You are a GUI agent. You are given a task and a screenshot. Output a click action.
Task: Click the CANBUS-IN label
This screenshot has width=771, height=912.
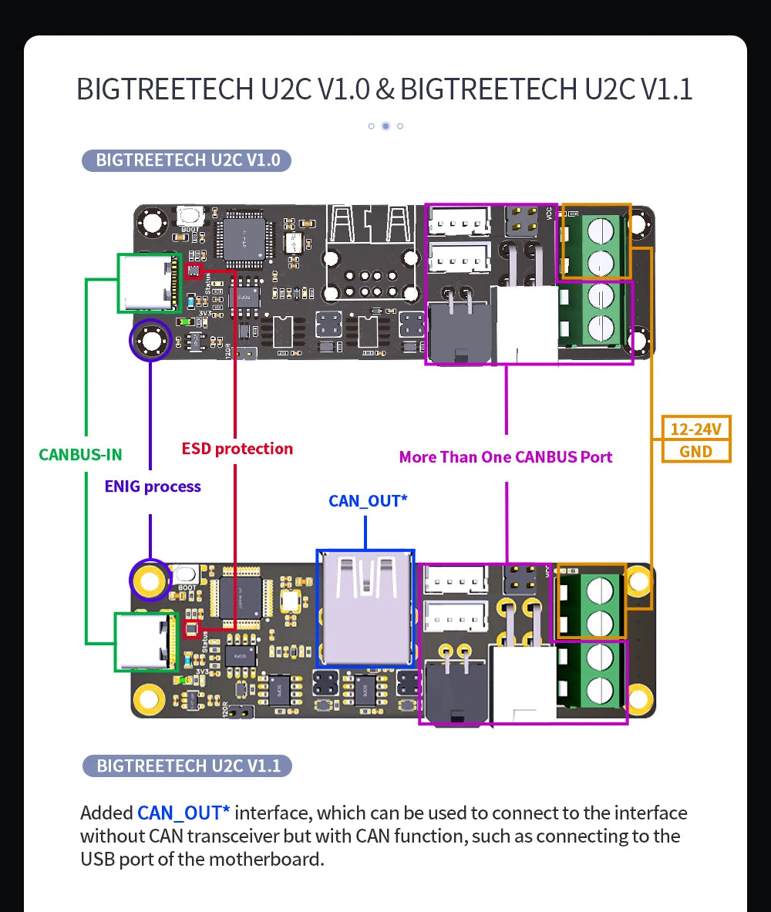tap(80, 454)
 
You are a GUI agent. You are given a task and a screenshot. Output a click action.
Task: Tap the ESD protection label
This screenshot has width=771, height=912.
tap(237, 449)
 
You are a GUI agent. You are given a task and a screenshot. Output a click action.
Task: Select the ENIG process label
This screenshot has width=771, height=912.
tap(153, 486)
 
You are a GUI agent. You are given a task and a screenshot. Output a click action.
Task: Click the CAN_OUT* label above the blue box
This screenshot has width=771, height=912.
tap(368, 501)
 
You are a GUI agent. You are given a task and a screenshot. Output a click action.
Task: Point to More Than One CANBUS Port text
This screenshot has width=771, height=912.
tap(506, 457)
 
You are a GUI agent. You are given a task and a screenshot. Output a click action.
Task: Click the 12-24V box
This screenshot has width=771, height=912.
tap(695, 429)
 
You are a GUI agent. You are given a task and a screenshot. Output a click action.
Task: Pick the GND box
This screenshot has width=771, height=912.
tap(695, 452)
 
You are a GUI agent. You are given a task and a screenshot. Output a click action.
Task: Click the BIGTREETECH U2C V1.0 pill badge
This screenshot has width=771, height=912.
tap(187, 160)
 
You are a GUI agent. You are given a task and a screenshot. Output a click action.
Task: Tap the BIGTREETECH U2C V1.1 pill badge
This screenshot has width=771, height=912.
tap(187, 766)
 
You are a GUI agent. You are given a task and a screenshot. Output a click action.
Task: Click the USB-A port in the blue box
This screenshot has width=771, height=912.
tap(365, 609)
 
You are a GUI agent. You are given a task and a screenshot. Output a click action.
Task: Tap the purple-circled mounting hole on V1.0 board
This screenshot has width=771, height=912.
tap(150, 340)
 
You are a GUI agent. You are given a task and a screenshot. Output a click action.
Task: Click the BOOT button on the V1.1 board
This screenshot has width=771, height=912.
tap(187, 575)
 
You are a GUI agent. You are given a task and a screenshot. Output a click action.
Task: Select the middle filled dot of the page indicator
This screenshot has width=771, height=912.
tap(385, 126)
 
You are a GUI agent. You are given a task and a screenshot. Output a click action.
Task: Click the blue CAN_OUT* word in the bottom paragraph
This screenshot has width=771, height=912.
tap(183, 813)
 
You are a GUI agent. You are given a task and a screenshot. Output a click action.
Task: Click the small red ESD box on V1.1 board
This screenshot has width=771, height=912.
tap(194, 629)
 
